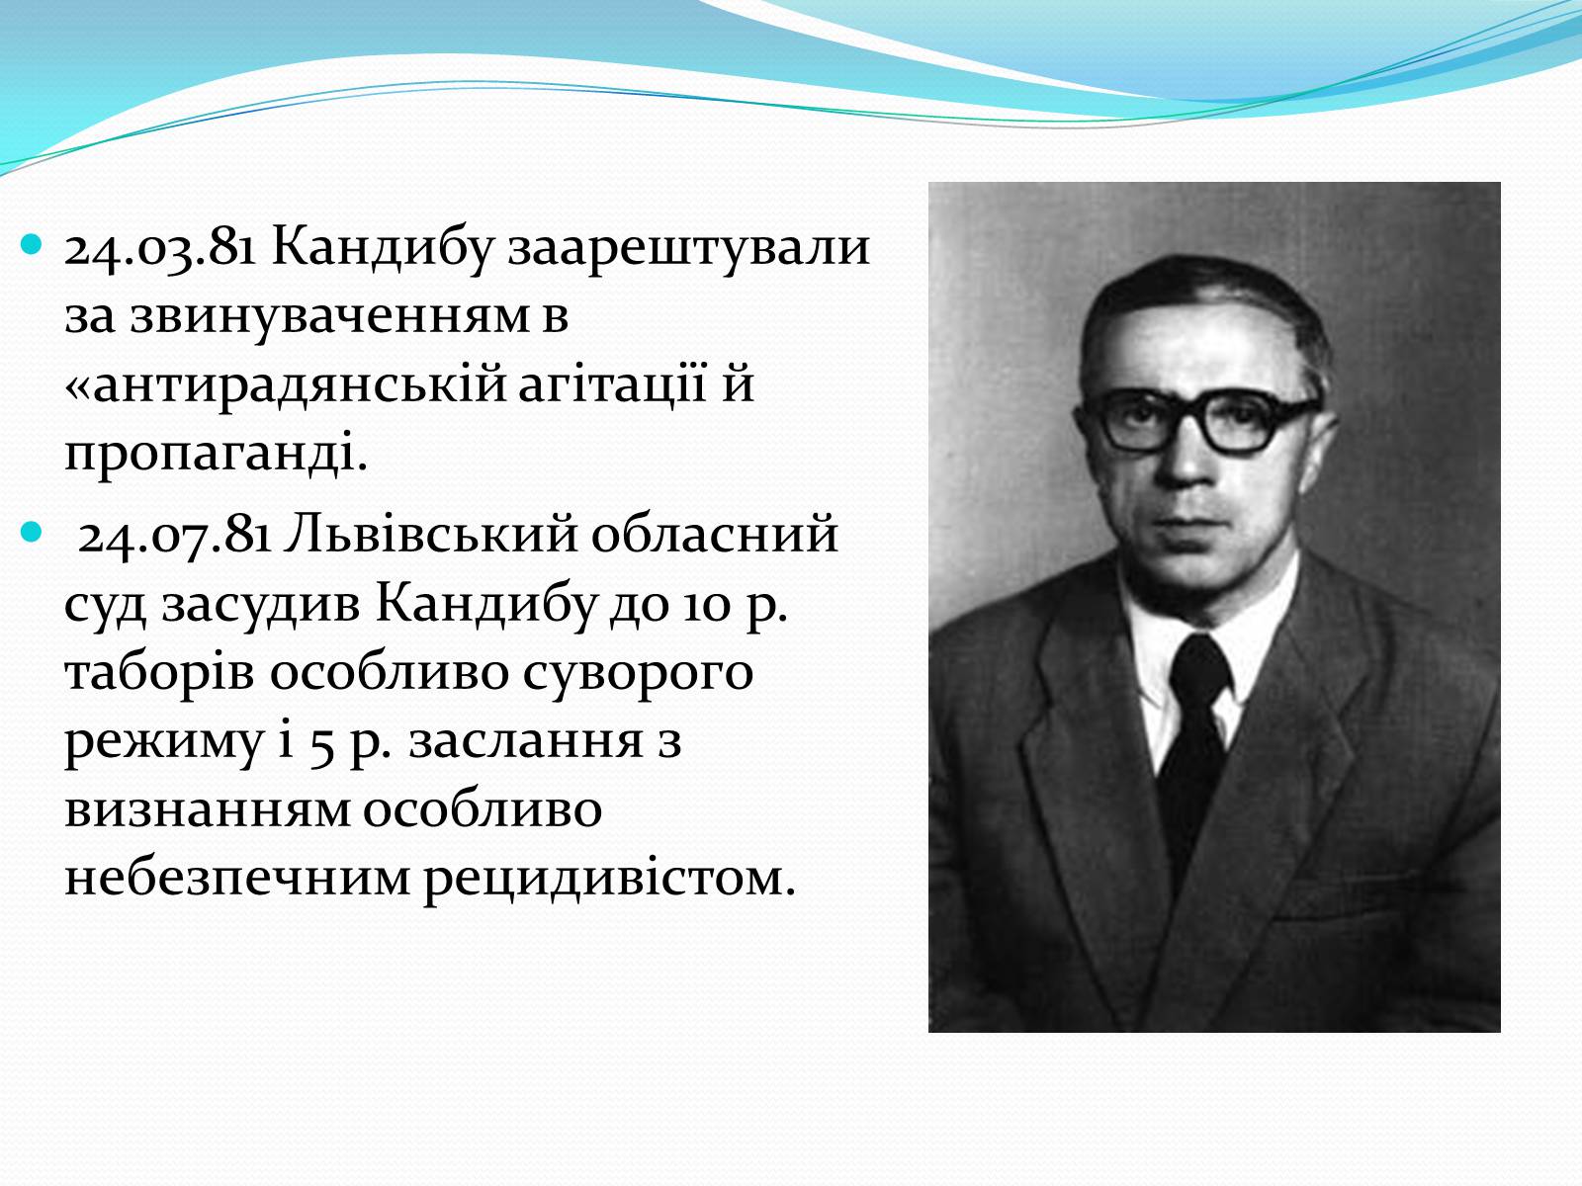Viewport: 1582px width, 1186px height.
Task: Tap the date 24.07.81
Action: pyautogui.click(x=174, y=536)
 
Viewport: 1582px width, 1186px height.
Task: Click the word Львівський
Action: pyautogui.click(x=430, y=535)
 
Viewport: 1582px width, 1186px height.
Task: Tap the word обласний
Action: pyautogui.click(x=714, y=535)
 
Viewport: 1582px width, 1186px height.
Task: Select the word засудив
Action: pyautogui.click(x=259, y=604)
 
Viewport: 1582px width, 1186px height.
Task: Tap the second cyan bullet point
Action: pyautogui.click(x=33, y=533)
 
